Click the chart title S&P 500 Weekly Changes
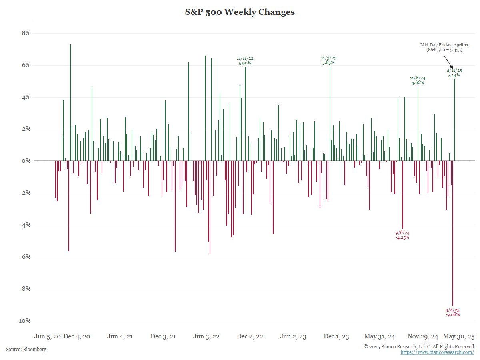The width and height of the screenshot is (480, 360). click(240, 12)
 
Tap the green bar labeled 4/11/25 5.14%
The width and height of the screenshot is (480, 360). click(454, 120)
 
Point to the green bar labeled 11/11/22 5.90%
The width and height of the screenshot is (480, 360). click(245, 114)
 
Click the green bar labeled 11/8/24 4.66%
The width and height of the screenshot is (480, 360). click(418, 124)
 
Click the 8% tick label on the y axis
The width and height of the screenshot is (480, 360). click(26, 33)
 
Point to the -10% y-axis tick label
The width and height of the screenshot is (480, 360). click(24, 321)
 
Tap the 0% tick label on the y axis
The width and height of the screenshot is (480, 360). click(26, 161)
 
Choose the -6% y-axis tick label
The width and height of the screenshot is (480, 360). click(24, 257)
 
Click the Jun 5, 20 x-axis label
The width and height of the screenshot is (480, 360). click(48, 336)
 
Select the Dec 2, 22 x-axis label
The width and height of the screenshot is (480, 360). click(250, 336)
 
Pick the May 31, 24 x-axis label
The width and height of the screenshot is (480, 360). click(380, 336)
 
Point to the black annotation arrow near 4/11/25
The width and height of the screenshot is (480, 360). click(449, 62)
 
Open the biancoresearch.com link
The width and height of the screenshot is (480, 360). click(437, 352)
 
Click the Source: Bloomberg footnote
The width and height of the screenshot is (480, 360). click(26, 350)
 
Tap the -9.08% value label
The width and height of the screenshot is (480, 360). click(452, 314)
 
